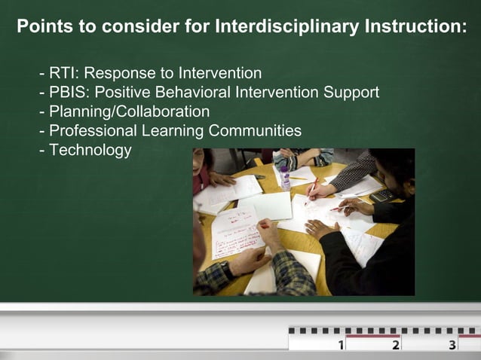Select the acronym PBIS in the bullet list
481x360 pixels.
[67, 93]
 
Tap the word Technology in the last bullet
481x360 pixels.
[90, 150]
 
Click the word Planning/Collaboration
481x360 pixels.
[130, 112]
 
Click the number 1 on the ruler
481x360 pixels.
[341, 345]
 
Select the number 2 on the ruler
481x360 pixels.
[396, 345]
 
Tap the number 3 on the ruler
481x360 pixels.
[452, 345]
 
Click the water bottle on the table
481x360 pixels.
[285, 177]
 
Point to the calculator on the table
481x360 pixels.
[382, 195]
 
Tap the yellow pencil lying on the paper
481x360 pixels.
[299, 178]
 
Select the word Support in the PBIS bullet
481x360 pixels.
[352, 93]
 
